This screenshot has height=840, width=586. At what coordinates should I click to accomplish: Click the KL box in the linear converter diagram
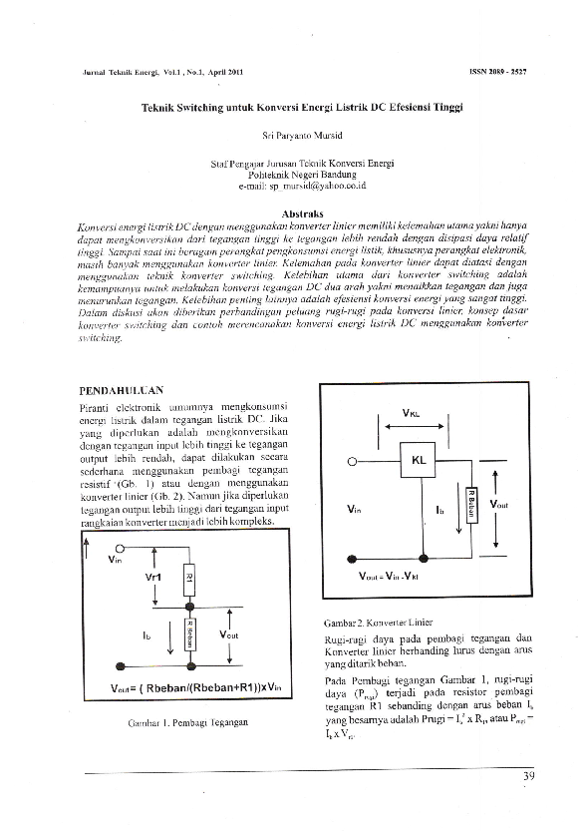418,461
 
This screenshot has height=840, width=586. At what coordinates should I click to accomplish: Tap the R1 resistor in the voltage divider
189,578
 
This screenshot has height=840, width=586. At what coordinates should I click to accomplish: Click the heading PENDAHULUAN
121,389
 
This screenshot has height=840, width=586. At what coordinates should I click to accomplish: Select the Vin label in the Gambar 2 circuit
353,508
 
